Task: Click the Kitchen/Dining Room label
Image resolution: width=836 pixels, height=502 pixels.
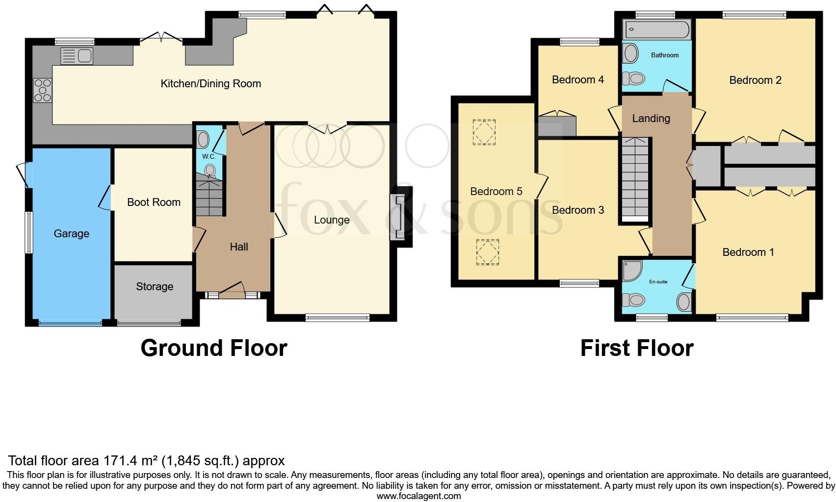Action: tap(210, 83)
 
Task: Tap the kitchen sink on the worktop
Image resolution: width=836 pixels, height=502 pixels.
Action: tap(77, 56)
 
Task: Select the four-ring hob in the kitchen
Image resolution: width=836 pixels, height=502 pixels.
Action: tap(42, 91)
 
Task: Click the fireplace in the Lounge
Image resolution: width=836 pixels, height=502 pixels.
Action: tap(398, 217)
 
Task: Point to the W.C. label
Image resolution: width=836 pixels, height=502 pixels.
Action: tap(209, 156)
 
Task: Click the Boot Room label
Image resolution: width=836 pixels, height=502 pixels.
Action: tap(154, 202)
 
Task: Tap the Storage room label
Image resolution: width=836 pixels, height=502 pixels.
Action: tap(155, 286)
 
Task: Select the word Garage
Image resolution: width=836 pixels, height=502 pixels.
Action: tap(71, 233)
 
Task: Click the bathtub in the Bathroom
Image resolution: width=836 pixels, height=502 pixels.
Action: tap(657, 29)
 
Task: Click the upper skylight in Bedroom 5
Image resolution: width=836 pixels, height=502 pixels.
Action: tap(484, 132)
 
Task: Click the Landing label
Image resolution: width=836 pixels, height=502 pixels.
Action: tap(651, 118)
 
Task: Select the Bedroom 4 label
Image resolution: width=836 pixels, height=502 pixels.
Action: tap(577, 79)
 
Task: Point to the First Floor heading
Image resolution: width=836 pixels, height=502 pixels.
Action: tap(636, 348)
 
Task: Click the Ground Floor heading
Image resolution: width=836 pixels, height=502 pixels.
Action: tap(213, 348)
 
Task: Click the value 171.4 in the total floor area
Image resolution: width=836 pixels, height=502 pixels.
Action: tap(119, 460)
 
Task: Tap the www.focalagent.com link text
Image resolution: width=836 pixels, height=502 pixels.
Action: tap(418, 496)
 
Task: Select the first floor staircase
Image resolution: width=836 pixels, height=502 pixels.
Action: tap(635, 179)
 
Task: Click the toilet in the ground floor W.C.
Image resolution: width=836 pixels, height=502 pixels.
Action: tap(210, 171)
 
